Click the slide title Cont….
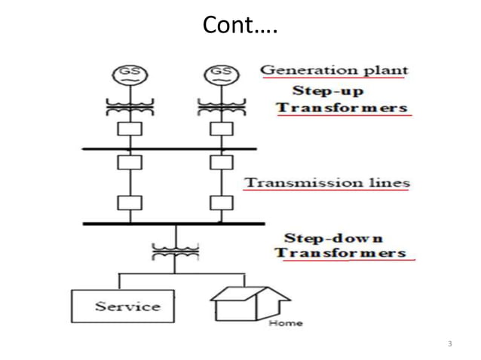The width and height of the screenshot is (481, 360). pyautogui.click(x=240, y=26)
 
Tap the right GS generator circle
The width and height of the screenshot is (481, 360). pyautogui.click(x=221, y=73)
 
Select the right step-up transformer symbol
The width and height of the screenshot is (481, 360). pyautogui.click(x=221, y=105)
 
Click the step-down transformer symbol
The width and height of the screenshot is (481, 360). pyautogui.click(x=175, y=252)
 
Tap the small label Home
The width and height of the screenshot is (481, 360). pyautogui.click(x=285, y=323)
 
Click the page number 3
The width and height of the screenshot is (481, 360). pyautogui.click(x=449, y=344)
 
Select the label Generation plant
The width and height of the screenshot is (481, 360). pyautogui.click(x=334, y=70)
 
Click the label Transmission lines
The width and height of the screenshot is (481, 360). pyautogui.click(x=327, y=182)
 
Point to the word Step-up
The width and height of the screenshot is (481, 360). pyautogui.click(x=329, y=91)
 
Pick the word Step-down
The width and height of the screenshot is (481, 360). pyautogui.click(x=333, y=237)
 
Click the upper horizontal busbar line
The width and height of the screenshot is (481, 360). pyautogui.click(x=169, y=149)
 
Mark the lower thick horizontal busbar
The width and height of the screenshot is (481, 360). pyautogui.click(x=173, y=223)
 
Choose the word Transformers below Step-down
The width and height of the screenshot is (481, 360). pyautogui.click(x=341, y=252)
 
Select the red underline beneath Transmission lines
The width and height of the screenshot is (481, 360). pyautogui.click(x=327, y=191)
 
